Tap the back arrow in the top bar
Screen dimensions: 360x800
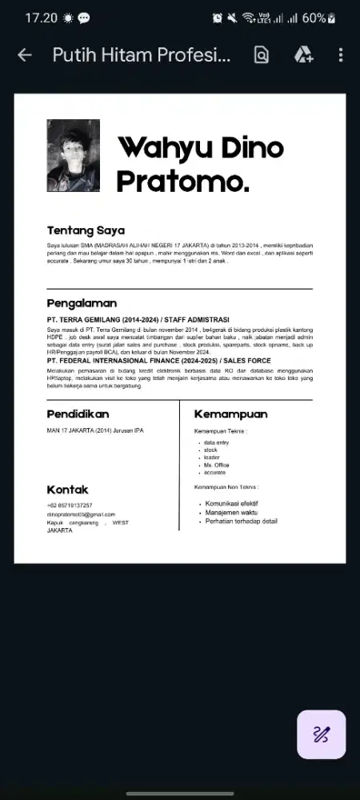click(25, 55)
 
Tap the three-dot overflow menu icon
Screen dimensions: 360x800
click(341, 55)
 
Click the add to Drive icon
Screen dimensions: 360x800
click(303, 55)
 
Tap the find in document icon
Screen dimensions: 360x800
click(261, 55)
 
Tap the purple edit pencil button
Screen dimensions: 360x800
click(322, 734)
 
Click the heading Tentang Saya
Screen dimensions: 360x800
click(86, 231)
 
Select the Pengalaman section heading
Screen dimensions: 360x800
click(82, 303)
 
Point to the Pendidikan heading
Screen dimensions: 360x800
click(78, 414)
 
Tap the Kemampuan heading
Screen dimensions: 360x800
click(230, 414)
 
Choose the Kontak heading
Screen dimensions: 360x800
click(67, 489)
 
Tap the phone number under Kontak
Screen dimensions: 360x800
click(70, 506)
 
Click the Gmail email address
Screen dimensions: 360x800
click(81, 514)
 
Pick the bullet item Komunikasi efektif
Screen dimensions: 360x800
click(231, 503)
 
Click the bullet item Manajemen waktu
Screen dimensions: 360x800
click(231, 512)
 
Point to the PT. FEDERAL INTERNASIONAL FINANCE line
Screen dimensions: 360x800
click(158, 361)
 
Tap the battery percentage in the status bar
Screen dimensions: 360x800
click(314, 18)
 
